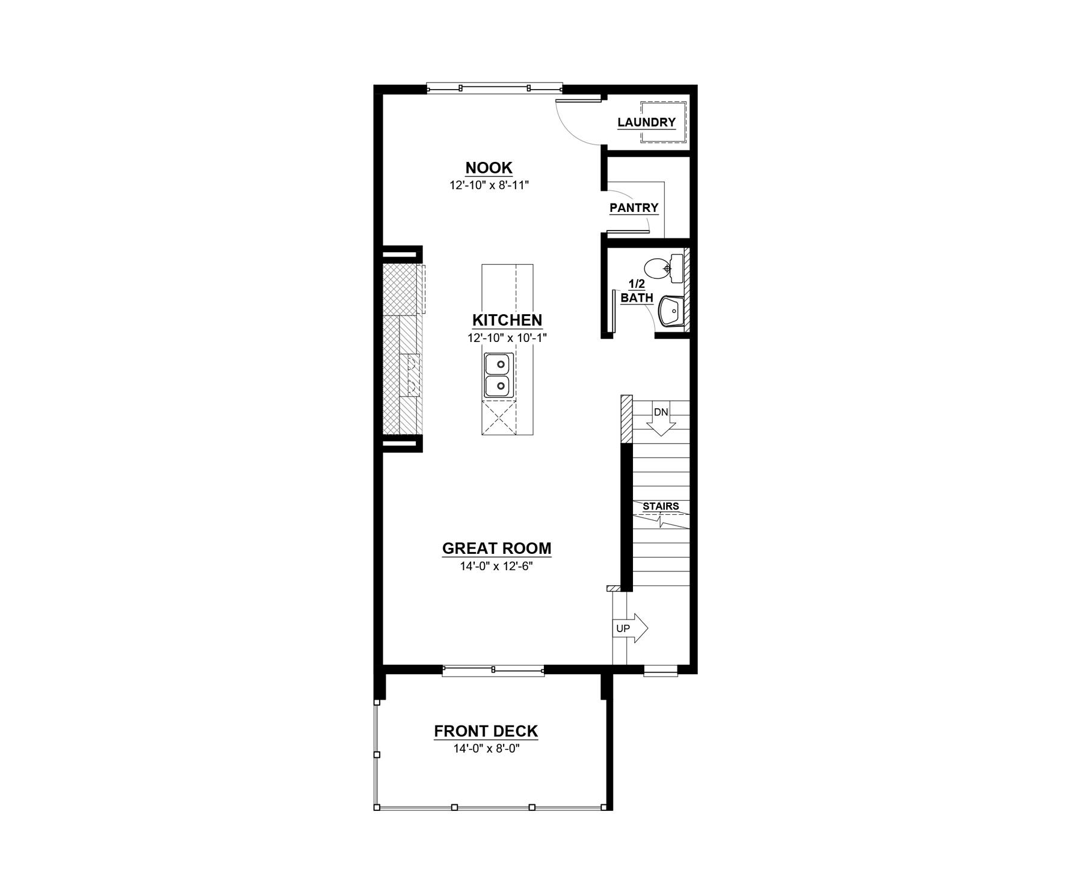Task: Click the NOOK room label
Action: click(x=489, y=167)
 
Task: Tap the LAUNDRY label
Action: click(x=646, y=122)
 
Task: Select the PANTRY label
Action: click(x=634, y=208)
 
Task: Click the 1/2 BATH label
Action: click(x=637, y=291)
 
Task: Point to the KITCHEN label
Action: click(x=507, y=320)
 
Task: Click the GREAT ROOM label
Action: click(x=496, y=548)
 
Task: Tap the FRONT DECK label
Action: click(x=486, y=731)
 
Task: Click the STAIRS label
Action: click(x=661, y=506)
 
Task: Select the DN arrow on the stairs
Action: click(x=661, y=418)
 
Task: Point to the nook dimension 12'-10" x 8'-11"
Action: click(x=489, y=185)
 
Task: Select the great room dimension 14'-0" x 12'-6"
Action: click(x=496, y=567)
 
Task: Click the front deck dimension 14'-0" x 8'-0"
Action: click(x=486, y=749)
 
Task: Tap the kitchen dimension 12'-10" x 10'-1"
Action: click(x=507, y=338)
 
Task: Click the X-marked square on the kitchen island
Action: click(x=499, y=418)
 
